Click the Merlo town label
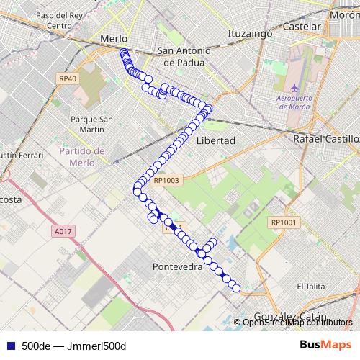click(114, 39)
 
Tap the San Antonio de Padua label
click(184, 56)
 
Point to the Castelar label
click(302, 26)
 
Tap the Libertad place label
click(215, 140)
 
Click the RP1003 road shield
click(166, 181)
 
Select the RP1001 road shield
click(284, 222)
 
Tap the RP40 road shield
click(68, 78)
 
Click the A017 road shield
click(63, 231)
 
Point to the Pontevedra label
click(178, 266)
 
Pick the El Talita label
click(311, 286)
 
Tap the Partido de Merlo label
click(82, 156)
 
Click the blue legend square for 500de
click(9, 346)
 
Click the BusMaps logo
click(325, 345)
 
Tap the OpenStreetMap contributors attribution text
click(297, 323)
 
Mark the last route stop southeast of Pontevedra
click(236, 288)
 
